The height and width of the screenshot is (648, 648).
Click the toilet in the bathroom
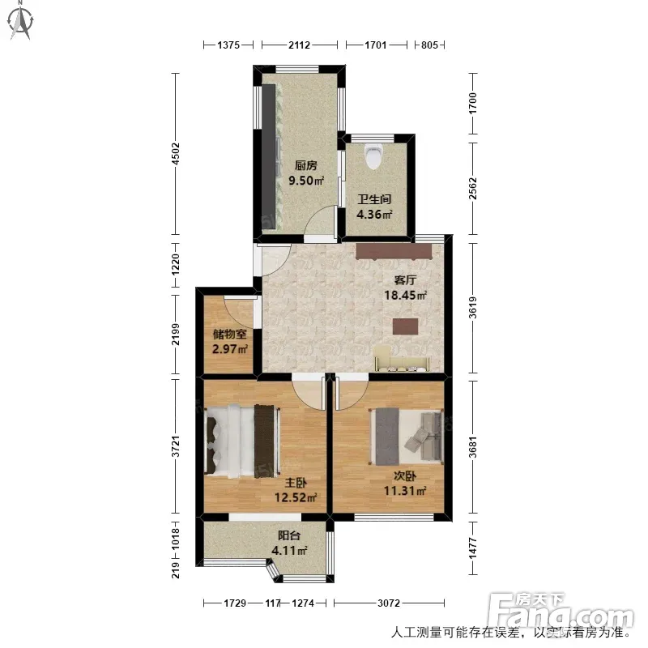pyautogui.click(x=374, y=156)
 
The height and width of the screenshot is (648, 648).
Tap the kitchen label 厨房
pyautogui.click(x=306, y=166)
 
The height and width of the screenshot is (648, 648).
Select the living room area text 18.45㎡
pyautogui.click(x=406, y=295)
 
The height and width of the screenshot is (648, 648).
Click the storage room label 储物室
pyautogui.click(x=230, y=334)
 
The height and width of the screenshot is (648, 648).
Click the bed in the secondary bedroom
pyautogui.click(x=407, y=437)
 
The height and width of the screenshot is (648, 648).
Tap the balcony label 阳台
pyautogui.click(x=289, y=535)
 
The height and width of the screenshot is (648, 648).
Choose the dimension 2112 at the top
pyautogui.click(x=299, y=45)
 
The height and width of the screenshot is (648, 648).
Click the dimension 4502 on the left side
pyautogui.click(x=176, y=153)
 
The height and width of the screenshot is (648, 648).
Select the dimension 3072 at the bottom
pyautogui.click(x=389, y=603)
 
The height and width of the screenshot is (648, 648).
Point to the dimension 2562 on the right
pyautogui.click(x=473, y=189)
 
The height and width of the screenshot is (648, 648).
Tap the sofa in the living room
pyautogui.click(x=403, y=359)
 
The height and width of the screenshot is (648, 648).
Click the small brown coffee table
pyautogui.click(x=406, y=326)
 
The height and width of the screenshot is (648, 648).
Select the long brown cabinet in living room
pyautogui.click(x=394, y=251)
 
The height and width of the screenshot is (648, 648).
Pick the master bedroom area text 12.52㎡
pyautogui.click(x=296, y=497)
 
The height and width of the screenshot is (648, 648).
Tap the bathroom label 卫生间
pyautogui.click(x=374, y=199)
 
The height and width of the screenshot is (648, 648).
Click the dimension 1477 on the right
pyautogui.click(x=473, y=548)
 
